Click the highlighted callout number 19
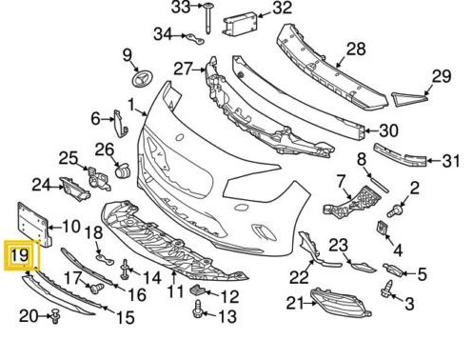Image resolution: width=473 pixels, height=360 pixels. (x=20, y=255)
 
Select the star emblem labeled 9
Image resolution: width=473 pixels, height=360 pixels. (x=142, y=79)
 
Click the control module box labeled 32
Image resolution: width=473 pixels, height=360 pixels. (x=240, y=24)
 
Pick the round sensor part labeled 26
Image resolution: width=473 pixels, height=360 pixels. (x=123, y=170)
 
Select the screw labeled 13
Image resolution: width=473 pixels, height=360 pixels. (x=198, y=309)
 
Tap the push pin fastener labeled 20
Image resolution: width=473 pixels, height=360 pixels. (x=55, y=316)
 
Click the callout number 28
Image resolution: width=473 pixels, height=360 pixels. (x=356, y=50)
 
